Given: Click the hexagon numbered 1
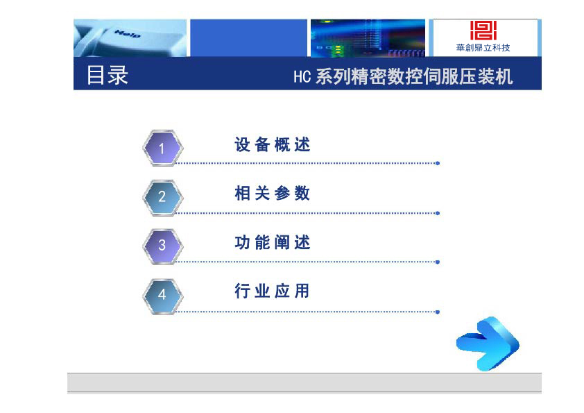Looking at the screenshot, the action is tap(163, 148).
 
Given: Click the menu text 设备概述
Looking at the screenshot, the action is tap(273, 144).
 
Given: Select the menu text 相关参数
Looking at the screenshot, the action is tap(273, 194).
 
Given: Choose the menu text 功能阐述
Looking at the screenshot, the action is tap(273, 242).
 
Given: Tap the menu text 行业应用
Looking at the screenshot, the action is tap(273, 291).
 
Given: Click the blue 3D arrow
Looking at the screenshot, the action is tap(488, 344).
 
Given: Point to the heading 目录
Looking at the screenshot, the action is tap(108, 75).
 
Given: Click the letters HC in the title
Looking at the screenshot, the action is tap(302, 77).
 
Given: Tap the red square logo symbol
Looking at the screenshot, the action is tap(483, 30).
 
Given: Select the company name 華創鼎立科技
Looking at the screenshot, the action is tap(483, 48).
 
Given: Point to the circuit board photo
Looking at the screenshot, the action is tap(368, 38).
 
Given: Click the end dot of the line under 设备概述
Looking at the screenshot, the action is tap(438, 163).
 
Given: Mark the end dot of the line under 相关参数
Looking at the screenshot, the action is tap(438, 213).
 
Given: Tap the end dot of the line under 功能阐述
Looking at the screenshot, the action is tap(438, 262).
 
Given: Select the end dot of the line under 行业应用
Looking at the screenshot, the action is tap(438, 312).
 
